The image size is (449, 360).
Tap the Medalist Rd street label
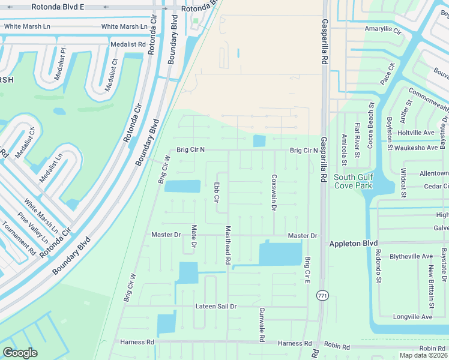coord(128,44)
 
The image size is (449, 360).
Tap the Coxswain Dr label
coord(274,193)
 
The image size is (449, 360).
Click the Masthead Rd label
coord(228,245)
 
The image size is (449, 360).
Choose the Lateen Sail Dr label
coord(216,306)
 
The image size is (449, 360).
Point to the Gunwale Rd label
coord(262,325)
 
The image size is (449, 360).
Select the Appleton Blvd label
coord(353,244)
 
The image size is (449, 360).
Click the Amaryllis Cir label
coord(382,28)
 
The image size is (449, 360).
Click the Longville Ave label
coord(412,317)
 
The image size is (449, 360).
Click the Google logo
coord(20,353)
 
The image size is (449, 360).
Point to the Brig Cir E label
coord(307,271)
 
